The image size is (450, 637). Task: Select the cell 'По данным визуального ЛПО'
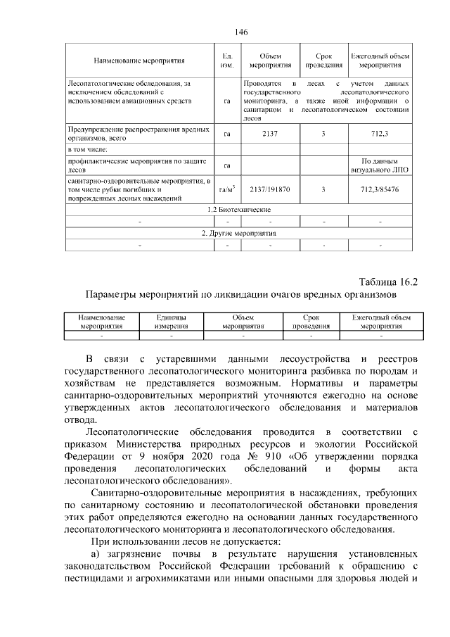click(380, 165)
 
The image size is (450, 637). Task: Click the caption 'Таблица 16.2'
click(389, 282)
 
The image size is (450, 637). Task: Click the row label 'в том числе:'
click(87, 150)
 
